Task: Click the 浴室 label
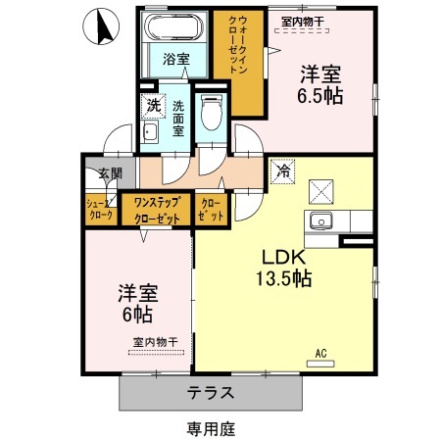tap(176, 58)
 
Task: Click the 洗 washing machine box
tap(153, 105)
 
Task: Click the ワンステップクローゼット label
tap(157, 210)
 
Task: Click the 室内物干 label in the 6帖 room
tap(155, 341)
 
